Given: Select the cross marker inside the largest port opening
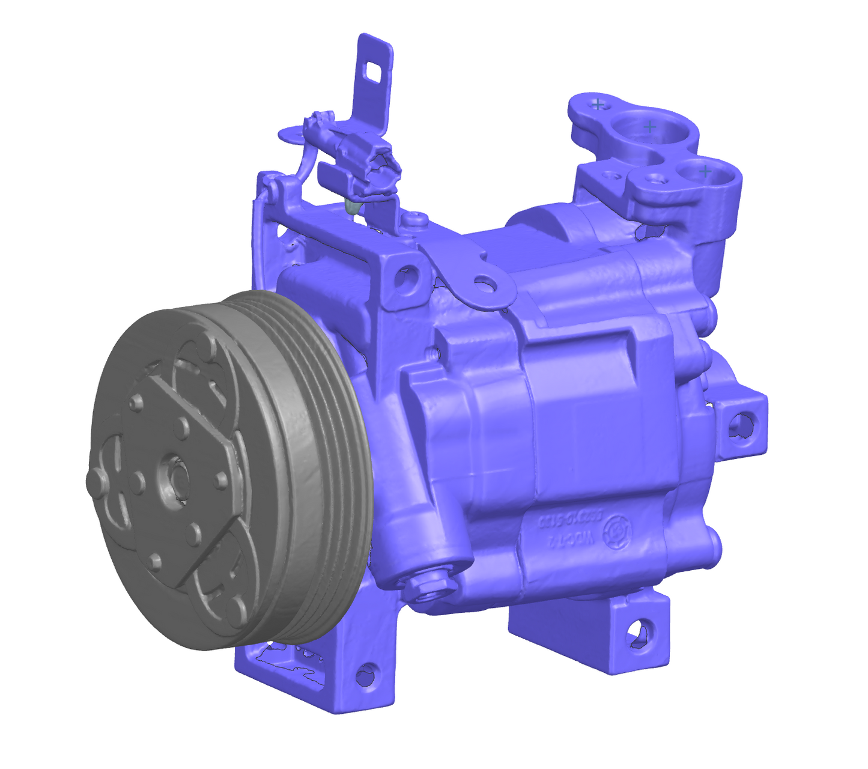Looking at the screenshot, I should click(x=649, y=127).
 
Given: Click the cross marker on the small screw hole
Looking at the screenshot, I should click(x=597, y=104).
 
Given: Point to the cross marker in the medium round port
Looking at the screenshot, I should click(x=705, y=171).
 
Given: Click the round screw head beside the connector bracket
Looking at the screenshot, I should click(x=414, y=220).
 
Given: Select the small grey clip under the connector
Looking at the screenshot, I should click(x=353, y=207).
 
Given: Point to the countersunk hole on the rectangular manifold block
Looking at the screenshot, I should click(x=612, y=177).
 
